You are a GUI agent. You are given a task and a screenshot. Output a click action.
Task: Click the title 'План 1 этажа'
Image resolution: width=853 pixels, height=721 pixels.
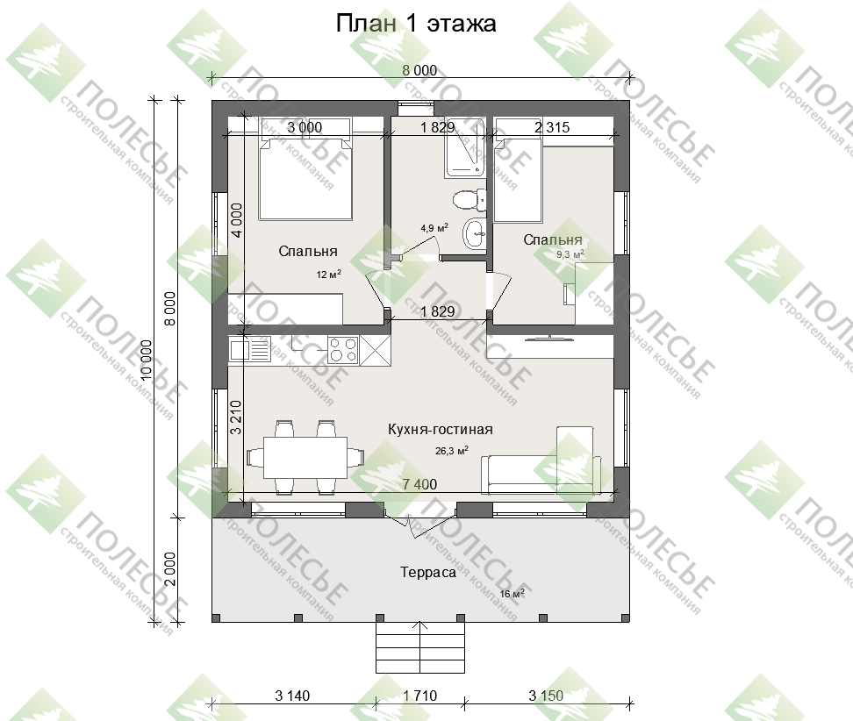[416, 24]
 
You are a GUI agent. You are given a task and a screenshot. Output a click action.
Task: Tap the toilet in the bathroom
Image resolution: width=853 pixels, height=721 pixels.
[470, 200]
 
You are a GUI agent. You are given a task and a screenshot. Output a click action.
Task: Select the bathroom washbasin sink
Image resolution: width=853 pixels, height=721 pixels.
[475, 234]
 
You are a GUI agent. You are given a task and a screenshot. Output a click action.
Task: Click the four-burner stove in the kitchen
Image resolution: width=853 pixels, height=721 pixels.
[343, 350]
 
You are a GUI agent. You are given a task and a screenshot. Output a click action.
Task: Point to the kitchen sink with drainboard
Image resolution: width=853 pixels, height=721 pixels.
[250, 350]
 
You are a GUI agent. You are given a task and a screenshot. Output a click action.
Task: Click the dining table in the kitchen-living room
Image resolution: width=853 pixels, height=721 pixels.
[305, 458]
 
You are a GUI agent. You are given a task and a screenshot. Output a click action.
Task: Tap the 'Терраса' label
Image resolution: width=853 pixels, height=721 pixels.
[428, 572]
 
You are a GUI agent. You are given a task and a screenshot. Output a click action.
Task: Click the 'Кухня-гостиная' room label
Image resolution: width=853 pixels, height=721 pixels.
[440, 430]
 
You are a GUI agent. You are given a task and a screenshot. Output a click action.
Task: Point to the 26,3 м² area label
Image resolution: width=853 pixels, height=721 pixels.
[452, 451]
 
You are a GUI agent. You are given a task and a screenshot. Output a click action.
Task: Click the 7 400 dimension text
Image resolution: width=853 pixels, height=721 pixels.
[419, 484]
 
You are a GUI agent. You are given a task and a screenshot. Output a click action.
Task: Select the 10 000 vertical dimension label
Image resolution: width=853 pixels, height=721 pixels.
[146, 360]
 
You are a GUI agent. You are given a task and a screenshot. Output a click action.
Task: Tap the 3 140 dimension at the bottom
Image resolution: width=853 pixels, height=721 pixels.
[292, 696]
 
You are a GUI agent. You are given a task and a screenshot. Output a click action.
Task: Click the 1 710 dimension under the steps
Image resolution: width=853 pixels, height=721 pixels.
[420, 696]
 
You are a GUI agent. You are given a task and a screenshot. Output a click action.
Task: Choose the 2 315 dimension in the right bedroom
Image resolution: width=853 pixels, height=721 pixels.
[552, 127]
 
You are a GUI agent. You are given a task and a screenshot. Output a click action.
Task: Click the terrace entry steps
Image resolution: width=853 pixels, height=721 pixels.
[420, 647]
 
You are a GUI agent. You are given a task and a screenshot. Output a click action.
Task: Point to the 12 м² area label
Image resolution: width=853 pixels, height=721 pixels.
[328, 275]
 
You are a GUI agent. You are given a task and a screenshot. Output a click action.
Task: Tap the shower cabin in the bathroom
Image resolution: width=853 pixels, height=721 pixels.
[465, 148]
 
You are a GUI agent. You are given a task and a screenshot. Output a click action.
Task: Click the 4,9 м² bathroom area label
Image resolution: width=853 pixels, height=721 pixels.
[434, 228]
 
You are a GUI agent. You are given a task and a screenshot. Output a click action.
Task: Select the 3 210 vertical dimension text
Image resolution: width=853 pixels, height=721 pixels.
[235, 417]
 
